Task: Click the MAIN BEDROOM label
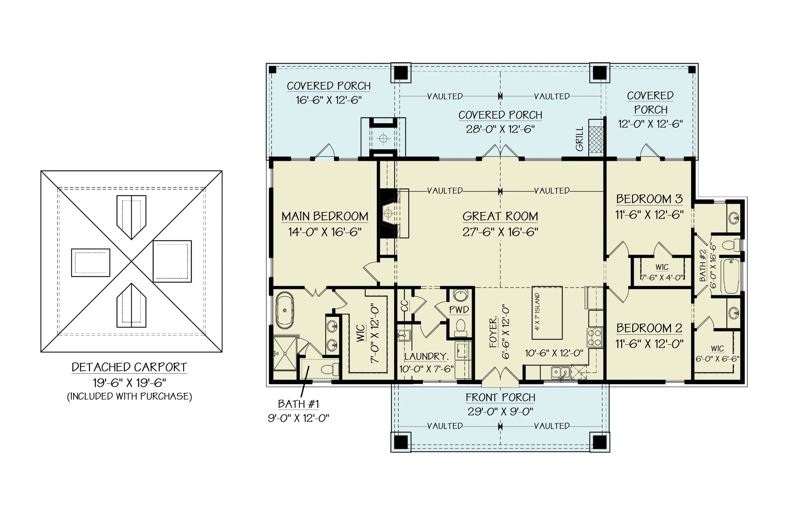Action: pos(325,217)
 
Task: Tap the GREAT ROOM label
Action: pos(500,217)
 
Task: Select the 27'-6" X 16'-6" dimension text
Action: pos(500,232)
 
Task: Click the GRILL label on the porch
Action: pos(580,139)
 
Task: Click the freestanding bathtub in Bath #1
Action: pos(284,310)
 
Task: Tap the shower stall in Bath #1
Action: pos(285,354)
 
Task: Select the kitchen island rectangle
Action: pos(547,313)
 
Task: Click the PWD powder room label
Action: pos(459,309)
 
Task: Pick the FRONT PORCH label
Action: pos(500,398)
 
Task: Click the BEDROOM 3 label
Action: pos(649,199)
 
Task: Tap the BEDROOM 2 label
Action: pos(649,328)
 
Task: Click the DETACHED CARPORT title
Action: pos(129,367)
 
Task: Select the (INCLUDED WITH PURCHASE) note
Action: pos(129,397)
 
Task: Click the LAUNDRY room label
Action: pos(426,357)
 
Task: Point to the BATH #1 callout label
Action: pos(298,404)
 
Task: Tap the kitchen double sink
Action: pos(560,372)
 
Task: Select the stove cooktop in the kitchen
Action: pos(595,337)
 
